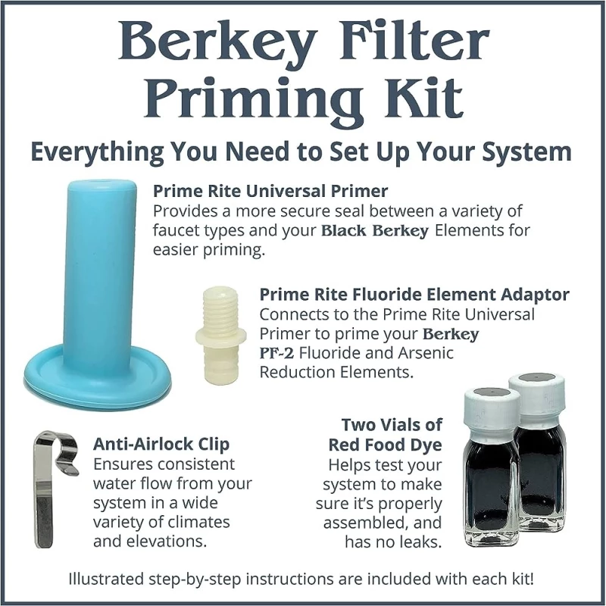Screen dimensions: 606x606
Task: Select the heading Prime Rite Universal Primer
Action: point(270,190)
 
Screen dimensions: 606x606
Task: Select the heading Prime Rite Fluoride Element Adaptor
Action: point(414,294)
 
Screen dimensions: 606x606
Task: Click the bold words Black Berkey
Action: point(376,230)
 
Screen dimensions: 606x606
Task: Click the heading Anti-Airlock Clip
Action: point(161,443)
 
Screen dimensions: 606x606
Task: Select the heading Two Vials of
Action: point(392,425)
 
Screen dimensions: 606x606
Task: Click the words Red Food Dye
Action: point(386,445)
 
